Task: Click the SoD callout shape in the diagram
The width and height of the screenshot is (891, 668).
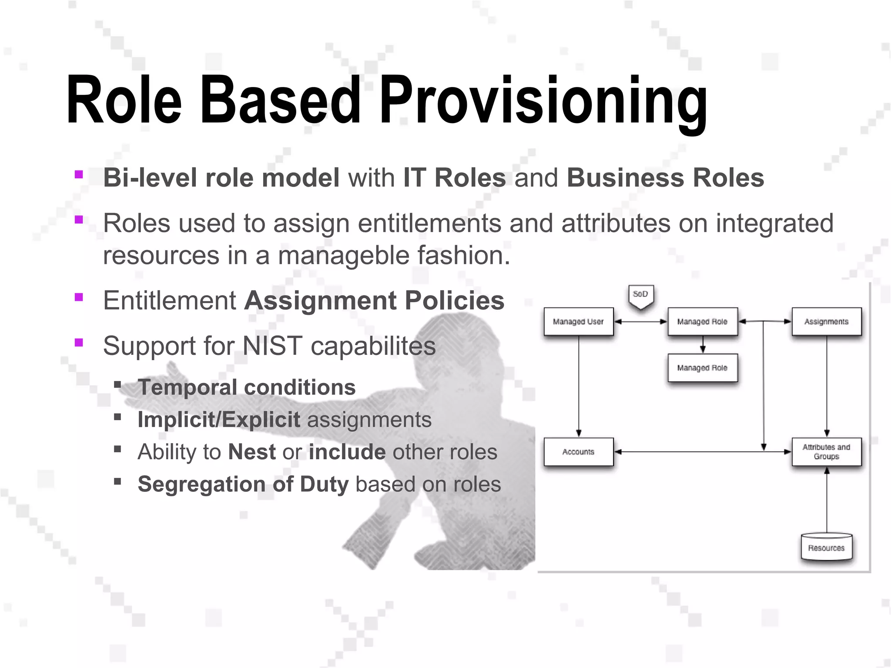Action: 640,296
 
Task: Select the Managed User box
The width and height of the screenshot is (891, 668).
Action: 578,321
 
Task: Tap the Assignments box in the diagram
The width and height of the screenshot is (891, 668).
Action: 826,321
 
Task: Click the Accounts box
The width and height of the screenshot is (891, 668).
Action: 578,452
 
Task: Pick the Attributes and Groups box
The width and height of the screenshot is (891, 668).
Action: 826,452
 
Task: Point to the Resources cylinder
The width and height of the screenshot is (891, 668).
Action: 826,548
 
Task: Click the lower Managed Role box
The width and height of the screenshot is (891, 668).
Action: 702,368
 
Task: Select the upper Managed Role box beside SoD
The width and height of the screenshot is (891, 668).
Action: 702,321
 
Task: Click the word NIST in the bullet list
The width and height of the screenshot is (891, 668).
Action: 272,346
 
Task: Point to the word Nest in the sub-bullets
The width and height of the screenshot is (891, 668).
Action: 252,452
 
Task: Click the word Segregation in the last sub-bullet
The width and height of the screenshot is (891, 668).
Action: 201,484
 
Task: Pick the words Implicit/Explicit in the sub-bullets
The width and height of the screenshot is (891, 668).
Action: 219,420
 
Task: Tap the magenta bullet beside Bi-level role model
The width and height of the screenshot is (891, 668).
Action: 79,174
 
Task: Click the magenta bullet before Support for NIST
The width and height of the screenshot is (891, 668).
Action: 79,342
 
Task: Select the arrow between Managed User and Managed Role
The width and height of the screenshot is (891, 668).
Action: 640,322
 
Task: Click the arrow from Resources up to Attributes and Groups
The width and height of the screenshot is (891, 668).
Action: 827,500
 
